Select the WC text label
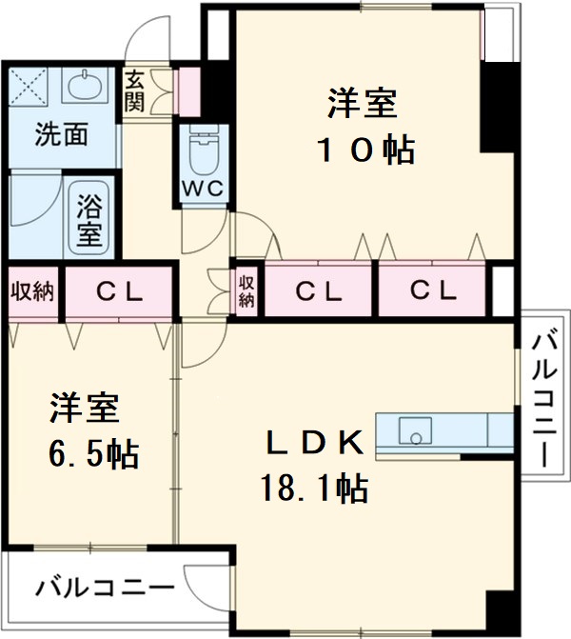[203, 189]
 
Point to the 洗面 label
[62, 134]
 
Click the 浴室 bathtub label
[90, 218]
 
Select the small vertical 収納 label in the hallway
[246, 290]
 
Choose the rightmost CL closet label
[433, 290]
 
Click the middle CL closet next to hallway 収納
[318, 290]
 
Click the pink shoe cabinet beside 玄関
[187, 89]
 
